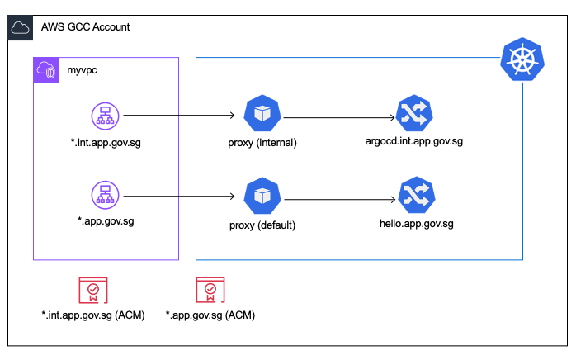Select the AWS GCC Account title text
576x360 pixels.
pyautogui.click(x=85, y=27)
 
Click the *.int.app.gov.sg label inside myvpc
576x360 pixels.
pyautogui.click(x=104, y=142)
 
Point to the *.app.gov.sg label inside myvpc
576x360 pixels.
pyautogui.click(x=104, y=222)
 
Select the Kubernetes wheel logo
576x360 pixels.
pyautogui.click(x=522, y=59)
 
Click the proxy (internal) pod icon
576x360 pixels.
pyautogui.click(x=262, y=116)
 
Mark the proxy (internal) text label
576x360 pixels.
pyautogui.click(x=262, y=142)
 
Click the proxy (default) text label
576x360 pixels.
pyautogui.click(x=262, y=222)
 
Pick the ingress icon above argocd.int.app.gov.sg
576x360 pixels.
pyautogui.click(x=413, y=116)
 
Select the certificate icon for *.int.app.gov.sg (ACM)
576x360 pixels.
pyautogui.click(x=92, y=291)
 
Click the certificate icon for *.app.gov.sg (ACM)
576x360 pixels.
pyautogui.click(x=210, y=291)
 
